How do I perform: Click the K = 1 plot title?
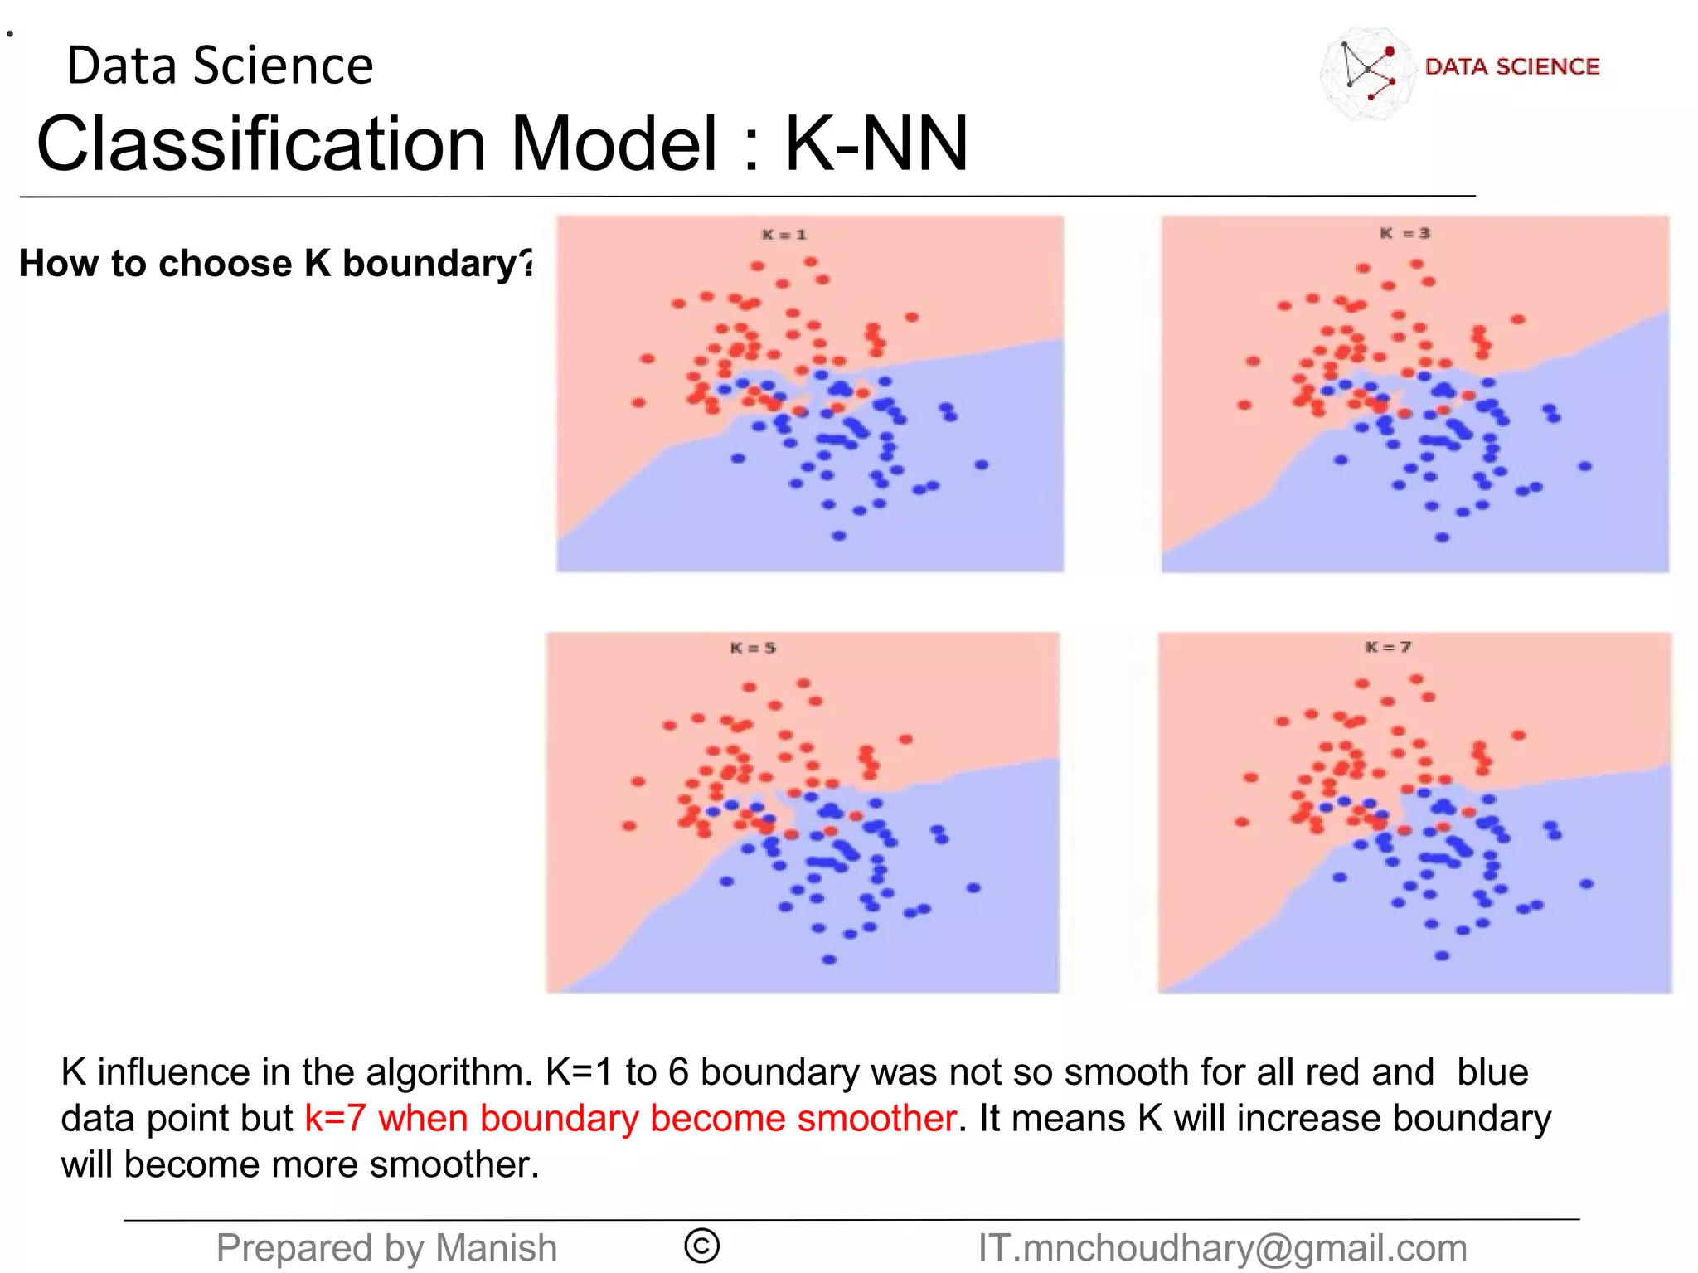pos(784,235)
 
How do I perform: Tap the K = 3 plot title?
pos(1404,233)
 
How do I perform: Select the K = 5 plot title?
pos(753,648)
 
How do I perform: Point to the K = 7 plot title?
pos(1388,647)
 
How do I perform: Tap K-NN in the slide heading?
pos(876,143)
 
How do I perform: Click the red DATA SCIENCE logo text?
pos(1511,66)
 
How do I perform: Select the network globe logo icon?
pos(1366,73)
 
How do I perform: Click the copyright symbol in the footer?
pos(701,1246)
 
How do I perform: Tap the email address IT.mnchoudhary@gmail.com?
pos(1222,1248)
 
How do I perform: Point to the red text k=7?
pos(335,1118)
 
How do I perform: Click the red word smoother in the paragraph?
pos(876,1118)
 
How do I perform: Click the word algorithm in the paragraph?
pos(446,1072)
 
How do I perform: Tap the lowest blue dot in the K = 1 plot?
pos(839,536)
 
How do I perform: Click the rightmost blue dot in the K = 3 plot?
pos(1584,466)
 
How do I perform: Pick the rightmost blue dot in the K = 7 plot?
pos(1586,884)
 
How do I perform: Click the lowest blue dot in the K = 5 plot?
pos(829,960)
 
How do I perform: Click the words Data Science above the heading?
pos(220,66)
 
